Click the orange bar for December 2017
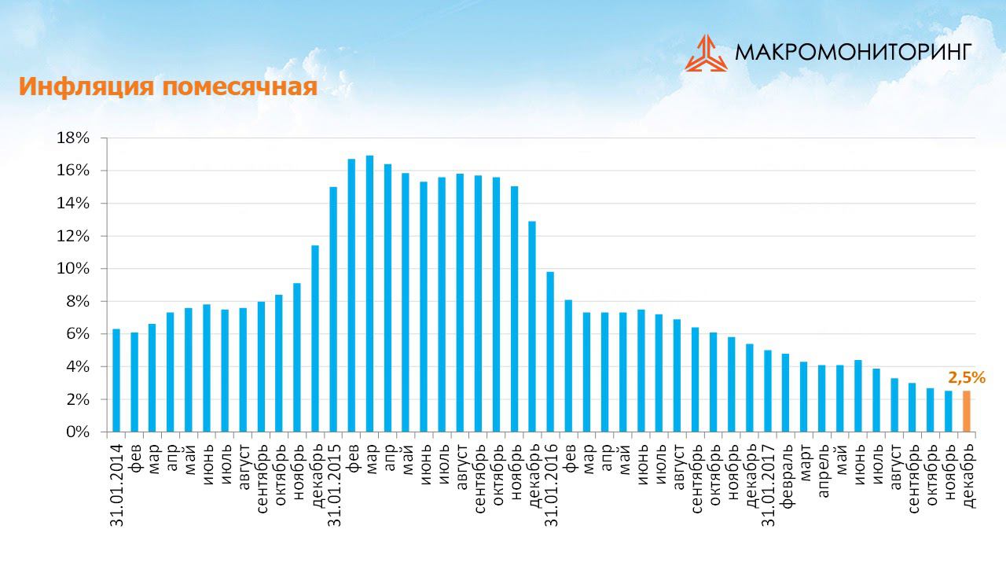click(x=967, y=411)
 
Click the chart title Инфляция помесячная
click(x=167, y=87)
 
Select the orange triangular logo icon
click(x=706, y=53)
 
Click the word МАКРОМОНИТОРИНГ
click(x=854, y=52)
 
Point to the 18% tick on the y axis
click(x=74, y=138)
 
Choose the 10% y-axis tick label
click(x=74, y=269)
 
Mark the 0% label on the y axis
click(x=78, y=432)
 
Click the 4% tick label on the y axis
click(x=78, y=367)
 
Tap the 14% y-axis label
click(x=74, y=204)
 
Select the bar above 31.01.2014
click(x=116, y=380)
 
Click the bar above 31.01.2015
click(x=333, y=309)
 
